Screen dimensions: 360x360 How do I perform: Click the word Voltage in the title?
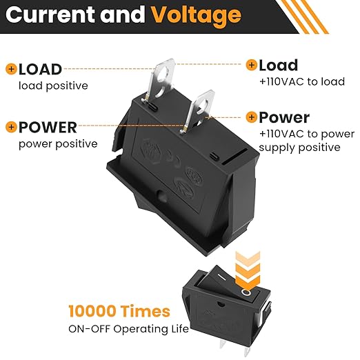(x=196, y=15)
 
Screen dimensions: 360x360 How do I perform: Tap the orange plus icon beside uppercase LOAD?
(x=11, y=69)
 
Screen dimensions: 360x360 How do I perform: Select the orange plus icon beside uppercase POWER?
(x=11, y=127)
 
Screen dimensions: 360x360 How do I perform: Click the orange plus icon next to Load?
(x=252, y=65)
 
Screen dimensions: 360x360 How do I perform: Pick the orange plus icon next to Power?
(x=252, y=117)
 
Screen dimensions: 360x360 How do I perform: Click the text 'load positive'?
(x=53, y=86)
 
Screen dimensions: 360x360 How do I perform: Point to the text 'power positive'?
(x=58, y=144)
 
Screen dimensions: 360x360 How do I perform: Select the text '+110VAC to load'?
(x=302, y=81)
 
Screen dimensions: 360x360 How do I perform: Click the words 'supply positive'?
(x=299, y=148)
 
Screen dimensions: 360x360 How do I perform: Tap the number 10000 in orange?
(x=92, y=311)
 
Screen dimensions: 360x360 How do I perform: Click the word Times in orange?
(x=145, y=311)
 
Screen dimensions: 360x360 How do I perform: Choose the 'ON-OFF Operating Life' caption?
(x=128, y=329)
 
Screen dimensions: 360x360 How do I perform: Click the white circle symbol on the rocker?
(x=246, y=292)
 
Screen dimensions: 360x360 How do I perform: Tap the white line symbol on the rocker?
(x=222, y=278)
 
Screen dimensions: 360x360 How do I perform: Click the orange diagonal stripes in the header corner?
(x=302, y=17)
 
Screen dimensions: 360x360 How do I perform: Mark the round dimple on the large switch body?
(x=162, y=196)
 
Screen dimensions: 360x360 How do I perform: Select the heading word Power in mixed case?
(x=284, y=118)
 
